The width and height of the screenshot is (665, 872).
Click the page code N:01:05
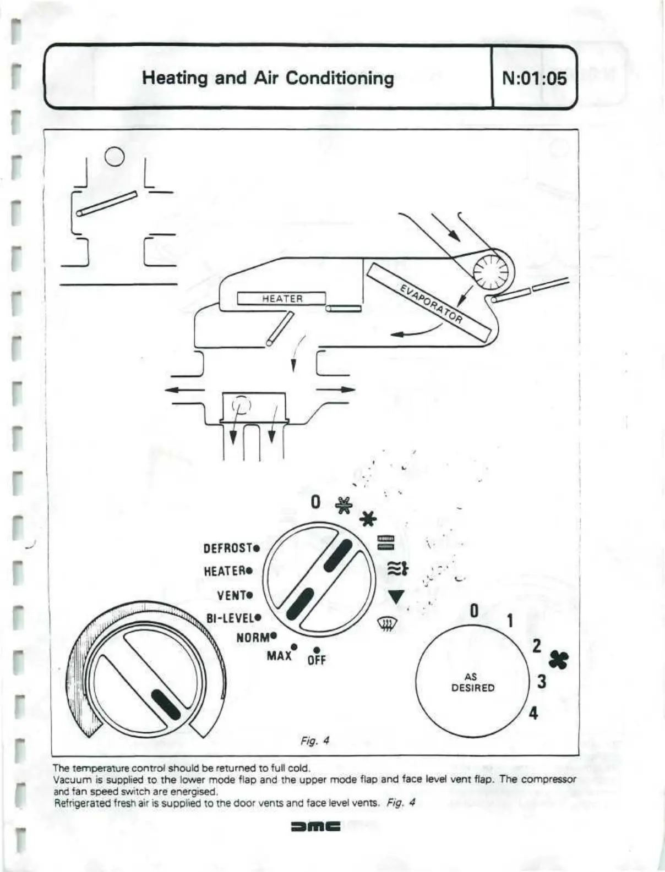click(534, 78)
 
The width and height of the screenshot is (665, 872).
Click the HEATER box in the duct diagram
click(282, 299)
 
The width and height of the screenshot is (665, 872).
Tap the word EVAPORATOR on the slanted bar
click(430, 303)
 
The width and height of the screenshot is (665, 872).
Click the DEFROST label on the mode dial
click(228, 549)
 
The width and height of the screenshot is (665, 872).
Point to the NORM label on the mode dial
click(254, 637)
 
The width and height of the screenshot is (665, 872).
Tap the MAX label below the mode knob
click(279, 655)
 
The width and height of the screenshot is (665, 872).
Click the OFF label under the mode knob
click(317, 659)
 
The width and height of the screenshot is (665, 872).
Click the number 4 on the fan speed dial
click(533, 714)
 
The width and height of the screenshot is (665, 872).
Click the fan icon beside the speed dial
click(562, 660)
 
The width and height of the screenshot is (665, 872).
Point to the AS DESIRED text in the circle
click(473, 683)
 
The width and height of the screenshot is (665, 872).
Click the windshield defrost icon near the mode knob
click(386, 624)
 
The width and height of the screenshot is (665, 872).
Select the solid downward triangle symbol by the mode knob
click(396, 596)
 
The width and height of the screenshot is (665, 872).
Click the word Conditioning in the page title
click(340, 78)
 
